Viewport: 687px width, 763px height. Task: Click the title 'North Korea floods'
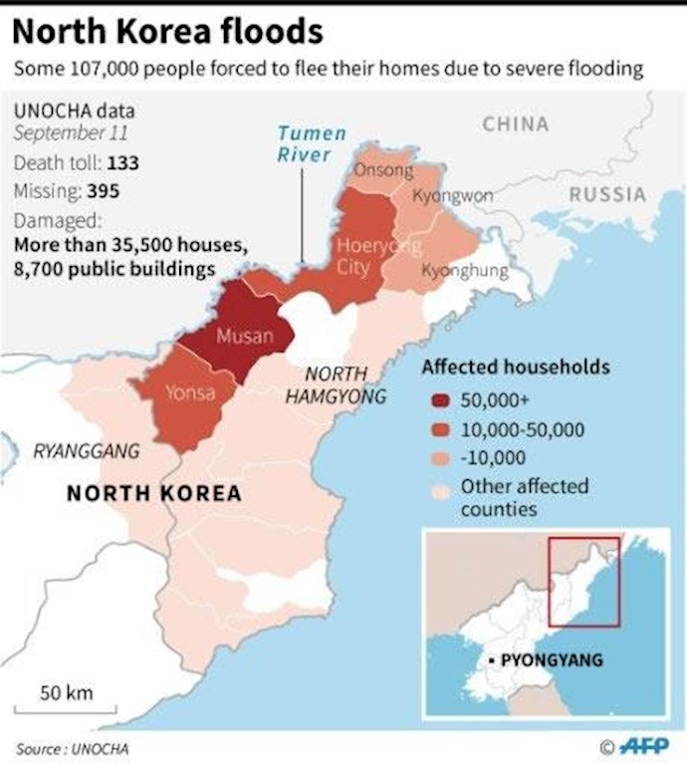pos(167,33)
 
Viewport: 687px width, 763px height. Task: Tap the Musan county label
pos(245,336)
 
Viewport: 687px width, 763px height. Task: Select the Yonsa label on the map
pos(189,392)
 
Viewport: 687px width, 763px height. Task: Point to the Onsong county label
pos(383,170)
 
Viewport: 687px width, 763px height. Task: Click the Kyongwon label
pos(452,195)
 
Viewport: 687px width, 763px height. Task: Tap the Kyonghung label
pos(465,270)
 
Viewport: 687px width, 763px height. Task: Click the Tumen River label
pos(310,143)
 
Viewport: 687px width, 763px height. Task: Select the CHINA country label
pos(515,125)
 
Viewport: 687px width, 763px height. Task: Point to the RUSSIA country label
pos(607,194)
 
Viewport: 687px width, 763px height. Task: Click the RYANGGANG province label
pos(86,451)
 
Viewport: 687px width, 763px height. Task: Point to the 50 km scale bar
pos(67,710)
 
